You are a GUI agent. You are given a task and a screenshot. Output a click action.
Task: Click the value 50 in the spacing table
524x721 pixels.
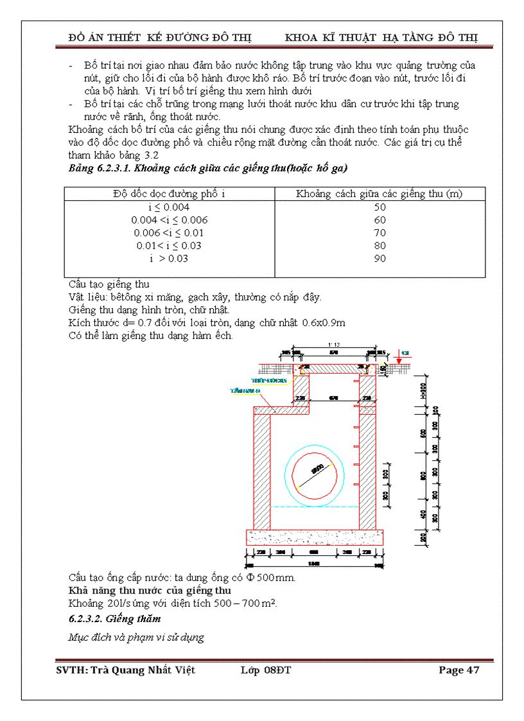point(380,207)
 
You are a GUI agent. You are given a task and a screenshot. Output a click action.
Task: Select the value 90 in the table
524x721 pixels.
point(380,259)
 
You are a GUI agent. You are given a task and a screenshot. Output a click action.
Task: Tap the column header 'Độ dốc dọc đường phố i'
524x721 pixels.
point(169,193)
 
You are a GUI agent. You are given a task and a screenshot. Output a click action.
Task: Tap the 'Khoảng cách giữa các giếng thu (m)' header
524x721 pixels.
point(380,193)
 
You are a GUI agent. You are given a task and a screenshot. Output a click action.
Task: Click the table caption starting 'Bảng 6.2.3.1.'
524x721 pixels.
point(208,168)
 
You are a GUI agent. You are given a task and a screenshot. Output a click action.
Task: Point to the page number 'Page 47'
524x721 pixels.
point(459,670)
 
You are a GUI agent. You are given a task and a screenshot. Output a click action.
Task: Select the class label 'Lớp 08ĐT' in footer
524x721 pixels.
point(266,670)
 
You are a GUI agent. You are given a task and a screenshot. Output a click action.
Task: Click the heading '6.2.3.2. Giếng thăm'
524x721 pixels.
point(114,619)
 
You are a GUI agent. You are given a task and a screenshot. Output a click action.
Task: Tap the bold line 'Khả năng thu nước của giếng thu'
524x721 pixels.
point(150,590)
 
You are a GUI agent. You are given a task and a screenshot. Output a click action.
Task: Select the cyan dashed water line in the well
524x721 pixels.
point(314,507)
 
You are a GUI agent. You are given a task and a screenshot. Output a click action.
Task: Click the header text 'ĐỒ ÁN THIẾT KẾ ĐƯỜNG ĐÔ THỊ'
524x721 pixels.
point(160,37)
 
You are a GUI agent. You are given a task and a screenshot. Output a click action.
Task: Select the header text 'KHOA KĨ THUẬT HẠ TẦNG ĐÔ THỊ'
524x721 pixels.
point(381,37)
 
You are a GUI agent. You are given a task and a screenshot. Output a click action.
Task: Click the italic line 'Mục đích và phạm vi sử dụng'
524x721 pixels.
point(136,638)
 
